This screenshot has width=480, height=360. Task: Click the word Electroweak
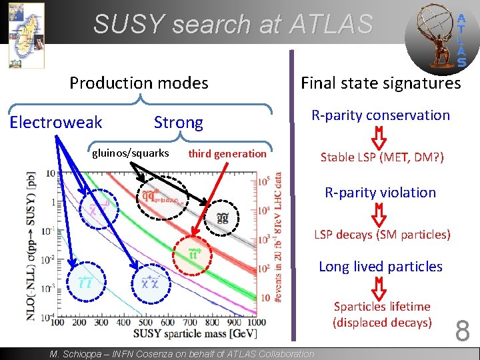[56, 122]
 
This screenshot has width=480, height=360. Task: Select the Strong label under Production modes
[178, 123]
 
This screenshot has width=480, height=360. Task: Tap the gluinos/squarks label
[131, 153]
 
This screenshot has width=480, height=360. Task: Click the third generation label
[227, 154]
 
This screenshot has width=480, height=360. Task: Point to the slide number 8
[463, 330]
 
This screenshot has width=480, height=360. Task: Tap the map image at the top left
[26, 35]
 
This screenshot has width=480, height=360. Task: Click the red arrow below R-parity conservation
[379, 137]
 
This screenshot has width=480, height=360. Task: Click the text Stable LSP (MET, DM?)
[382, 158]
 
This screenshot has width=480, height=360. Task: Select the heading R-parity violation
[380, 193]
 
